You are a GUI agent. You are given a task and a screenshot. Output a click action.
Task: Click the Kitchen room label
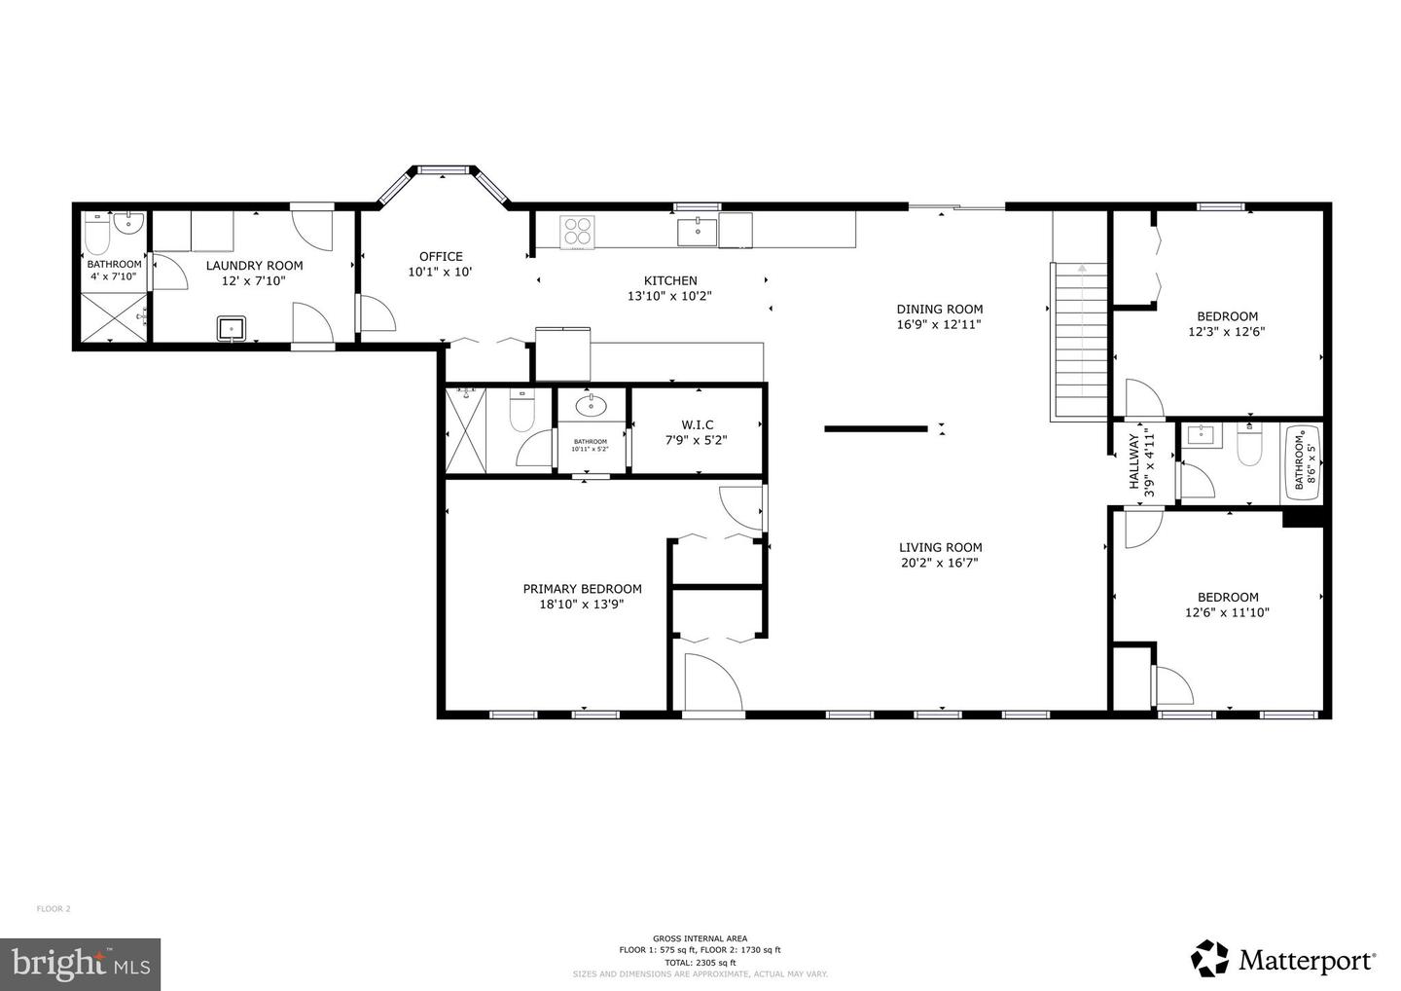670,281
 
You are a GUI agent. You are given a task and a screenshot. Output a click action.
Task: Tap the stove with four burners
577,232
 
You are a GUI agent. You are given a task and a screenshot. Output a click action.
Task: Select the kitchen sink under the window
697,233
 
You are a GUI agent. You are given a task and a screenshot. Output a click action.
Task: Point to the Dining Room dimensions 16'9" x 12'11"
939,325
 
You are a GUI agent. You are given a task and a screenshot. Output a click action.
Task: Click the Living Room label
940,547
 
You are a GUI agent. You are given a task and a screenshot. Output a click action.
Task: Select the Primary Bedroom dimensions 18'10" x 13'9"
582,604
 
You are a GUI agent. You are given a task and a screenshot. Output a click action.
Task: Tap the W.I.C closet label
697,424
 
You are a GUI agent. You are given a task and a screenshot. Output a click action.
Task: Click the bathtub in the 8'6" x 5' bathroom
1302,464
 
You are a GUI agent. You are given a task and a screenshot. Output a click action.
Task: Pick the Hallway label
1133,462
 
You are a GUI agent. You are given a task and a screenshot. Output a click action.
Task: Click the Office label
441,257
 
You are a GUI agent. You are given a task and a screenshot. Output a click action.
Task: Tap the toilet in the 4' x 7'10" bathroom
97,236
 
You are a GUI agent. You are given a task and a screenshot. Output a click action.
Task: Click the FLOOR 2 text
54,909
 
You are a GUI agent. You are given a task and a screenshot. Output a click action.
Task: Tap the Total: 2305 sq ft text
700,962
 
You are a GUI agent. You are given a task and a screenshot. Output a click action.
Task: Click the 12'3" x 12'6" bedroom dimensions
1227,331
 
